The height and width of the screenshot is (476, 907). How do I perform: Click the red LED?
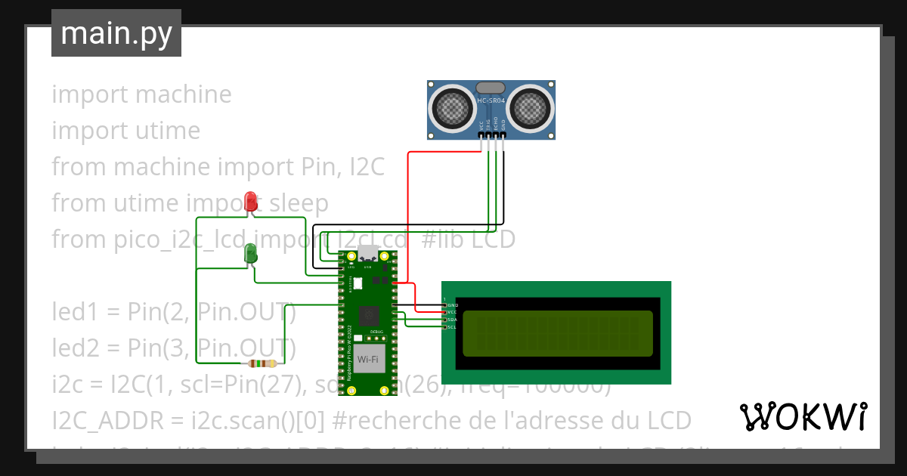[252, 202]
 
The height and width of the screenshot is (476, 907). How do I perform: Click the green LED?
[252, 253]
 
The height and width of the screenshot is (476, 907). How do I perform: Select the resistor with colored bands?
[262, 363]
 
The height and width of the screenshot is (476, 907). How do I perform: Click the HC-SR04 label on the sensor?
[492, 100]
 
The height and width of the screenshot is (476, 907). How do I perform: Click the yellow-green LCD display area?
[558, 333]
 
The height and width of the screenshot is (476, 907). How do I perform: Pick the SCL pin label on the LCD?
[451, 327]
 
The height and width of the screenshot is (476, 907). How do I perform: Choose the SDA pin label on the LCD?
[451, 320]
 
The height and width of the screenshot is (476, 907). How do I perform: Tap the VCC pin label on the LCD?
[451, 312]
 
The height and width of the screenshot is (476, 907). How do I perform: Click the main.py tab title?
[116, 33]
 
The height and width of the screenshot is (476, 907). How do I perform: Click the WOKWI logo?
[803, 416]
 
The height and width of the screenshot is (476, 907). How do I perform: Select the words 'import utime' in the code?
[125, 131]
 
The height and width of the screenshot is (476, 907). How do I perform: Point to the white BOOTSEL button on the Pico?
[358, 283]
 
